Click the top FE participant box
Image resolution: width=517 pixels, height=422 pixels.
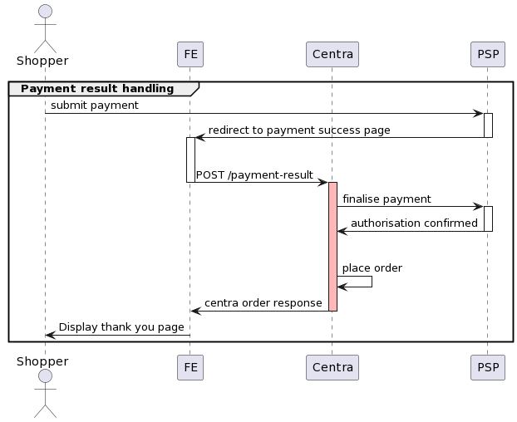pyautogui.click(x=190, y=55)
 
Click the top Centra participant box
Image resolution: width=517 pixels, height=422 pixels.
pyautogui.click(x=332, y=55)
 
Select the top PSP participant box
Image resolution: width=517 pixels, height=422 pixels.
pyautogui.click(x=487, y=55)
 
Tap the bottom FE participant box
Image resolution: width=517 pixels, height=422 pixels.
pyautogui.click(x=190, y=367)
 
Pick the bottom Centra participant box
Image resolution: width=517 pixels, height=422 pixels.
pyautogui.click(x=332, y=367)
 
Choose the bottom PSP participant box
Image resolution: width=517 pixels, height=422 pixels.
pyautogui.click(x=487, y=367)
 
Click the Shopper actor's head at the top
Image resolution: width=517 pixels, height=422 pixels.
pyautogui.click(x=45, y=12)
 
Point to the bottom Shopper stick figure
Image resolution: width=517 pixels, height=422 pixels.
pyautogui.click(x=45, y=395)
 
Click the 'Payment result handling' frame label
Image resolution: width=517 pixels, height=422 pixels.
pyautogui.click(x=97, y=88)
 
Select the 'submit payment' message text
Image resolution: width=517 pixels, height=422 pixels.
pyautogui.click(x=94, y=105)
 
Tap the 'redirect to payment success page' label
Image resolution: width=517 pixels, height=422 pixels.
pyautogui.click(x=298, y=130)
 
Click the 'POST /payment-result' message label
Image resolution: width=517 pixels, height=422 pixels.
pyautogui.click(x=254, y=175)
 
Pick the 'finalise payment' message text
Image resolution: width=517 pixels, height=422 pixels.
pyautogui.click(x=387, y=199)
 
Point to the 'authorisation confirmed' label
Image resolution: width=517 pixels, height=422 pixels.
pyautogui.click(x=414, y=223)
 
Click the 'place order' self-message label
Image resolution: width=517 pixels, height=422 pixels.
pyautogui.click(x=372, y=268)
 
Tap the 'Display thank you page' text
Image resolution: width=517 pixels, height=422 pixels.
pyautogui.click(x=121, y=327)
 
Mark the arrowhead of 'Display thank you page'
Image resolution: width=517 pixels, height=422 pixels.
pyautogui.click(x=49, y=335)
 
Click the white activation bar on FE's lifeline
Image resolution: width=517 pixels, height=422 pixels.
pyautogui.click(x=190, y=159)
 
